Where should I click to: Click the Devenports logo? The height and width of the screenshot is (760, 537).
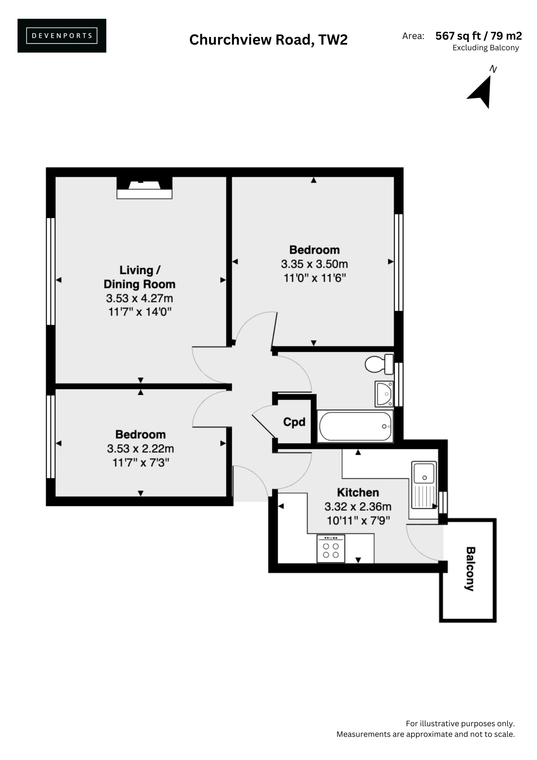tap(62, 35)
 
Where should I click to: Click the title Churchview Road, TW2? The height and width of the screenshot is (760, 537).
tap(268, 40)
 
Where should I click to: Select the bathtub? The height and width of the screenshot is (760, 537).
tap(355, 426)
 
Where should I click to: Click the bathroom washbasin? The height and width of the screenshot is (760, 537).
tap(384, 394)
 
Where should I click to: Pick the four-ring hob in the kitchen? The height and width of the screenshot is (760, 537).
tap(331, 549)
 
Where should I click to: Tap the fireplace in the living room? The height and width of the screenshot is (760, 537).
tap(144, 188)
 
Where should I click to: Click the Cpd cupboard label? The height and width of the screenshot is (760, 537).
tap(294, 422)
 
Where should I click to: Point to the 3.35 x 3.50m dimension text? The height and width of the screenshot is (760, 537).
tap(314, 264)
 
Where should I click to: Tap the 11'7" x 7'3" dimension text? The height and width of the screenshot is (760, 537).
tap(141, 462)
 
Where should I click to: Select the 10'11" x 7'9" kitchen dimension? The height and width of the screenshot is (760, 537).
tap(358, 521)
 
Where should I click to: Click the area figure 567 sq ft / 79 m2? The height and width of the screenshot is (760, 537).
tap(479, 36)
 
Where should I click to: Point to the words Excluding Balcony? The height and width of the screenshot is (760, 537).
tap(486, 48)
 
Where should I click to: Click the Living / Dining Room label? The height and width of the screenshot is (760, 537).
tap(140, 277)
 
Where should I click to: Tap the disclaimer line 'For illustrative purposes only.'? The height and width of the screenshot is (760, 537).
tap(460, 723)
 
